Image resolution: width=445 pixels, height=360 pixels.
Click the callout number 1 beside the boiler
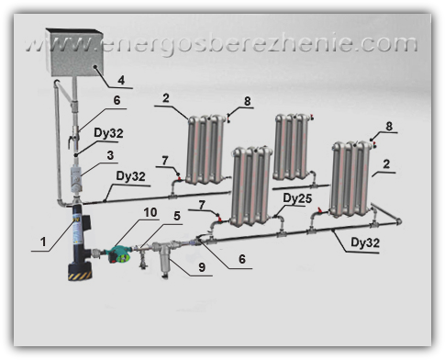click(x=43, y=242)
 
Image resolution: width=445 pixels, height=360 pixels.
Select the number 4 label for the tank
click(x=121, y=80)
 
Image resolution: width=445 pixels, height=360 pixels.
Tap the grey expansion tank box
click(x=74, y=52)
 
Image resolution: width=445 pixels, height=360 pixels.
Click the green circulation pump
click(x=120, y=254)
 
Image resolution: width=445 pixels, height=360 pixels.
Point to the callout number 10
click(x=150, y=212)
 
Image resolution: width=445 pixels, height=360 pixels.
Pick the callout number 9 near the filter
click(x=202, y=267)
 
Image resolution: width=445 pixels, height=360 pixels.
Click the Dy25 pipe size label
click(x=297, y=198)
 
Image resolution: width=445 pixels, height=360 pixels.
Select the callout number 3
click(x=110, y=155)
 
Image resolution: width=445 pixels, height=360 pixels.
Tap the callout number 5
click(x=177, y=216)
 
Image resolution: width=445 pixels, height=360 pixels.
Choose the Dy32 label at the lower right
click(x=365, y=242)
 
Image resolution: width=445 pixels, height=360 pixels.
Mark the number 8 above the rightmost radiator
click(x=389, y=126)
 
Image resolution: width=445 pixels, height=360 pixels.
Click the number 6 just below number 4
click(x=117, y=100)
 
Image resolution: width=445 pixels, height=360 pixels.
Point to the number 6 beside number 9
click(x=242, y=259)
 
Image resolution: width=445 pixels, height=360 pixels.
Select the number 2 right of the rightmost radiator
click(x=386, y=163)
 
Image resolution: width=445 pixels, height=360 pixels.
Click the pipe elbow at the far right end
click(x=398, y=221)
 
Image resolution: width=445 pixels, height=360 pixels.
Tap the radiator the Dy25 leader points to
click(x=251, y=186)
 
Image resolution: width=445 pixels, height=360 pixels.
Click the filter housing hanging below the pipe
click(x=165, y=259)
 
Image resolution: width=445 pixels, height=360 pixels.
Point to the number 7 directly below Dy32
click(x=165, y=160)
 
